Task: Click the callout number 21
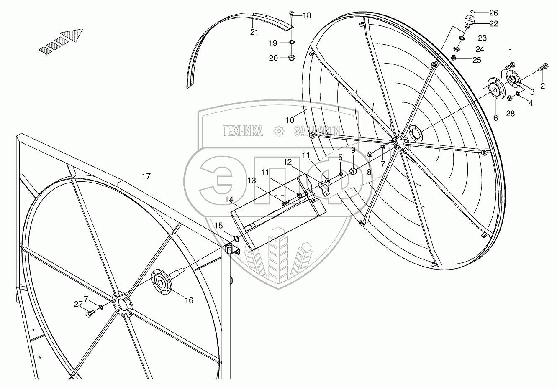[254, 32]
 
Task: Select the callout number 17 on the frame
[146, 176]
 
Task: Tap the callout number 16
[189, 300]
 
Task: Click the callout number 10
[290, 120]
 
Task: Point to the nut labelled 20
[292, 57]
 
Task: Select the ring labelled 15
[236, 239]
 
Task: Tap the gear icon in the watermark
[278, 131]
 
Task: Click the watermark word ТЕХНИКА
[243, 131]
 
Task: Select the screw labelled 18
[292, 15]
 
